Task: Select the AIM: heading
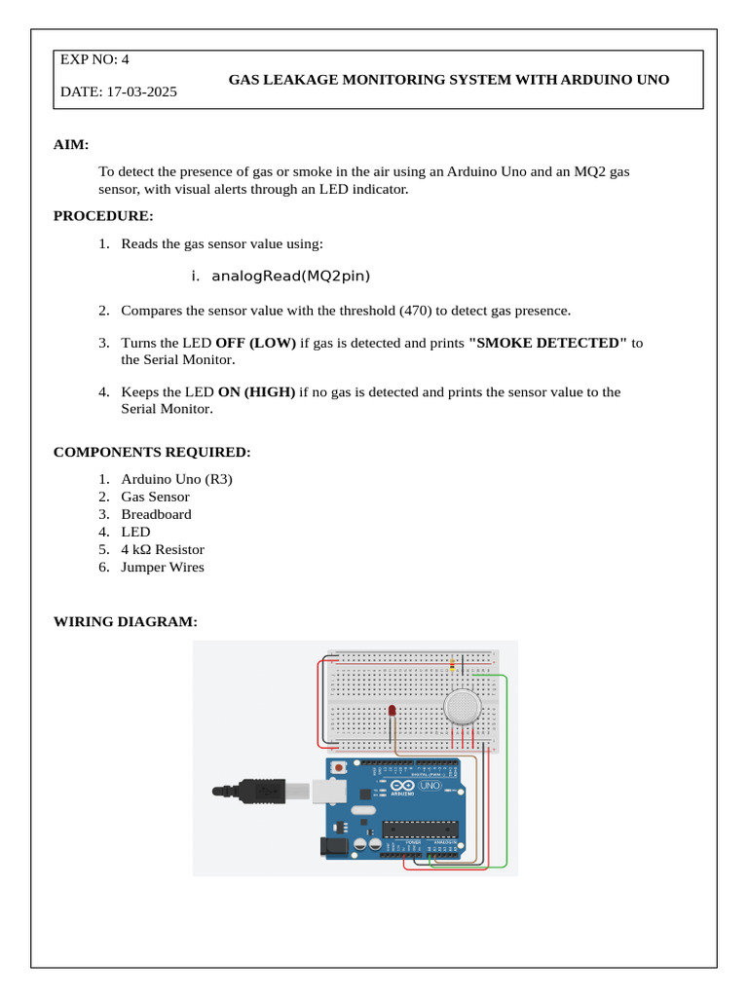click(x=71, y=145)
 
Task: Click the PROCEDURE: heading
click(x=103, y=216)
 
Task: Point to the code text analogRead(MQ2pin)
click(x=291, y=277)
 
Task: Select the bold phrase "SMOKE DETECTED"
click(x=547, y=343)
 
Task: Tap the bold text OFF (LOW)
click(x=255, y=343)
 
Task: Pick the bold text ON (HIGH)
click(x=256, y=392)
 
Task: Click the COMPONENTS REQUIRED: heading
click(x=152, y=453)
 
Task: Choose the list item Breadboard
click(x=156, y=514)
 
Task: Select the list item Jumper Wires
click(x=163, y=568)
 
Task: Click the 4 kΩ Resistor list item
click(x=163, y=550)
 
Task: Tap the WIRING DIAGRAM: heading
click(x=126, y=621)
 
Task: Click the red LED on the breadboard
click(x=392, y=712)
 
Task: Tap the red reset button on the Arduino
click(x=338, y=769)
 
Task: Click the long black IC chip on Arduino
click(x=419, y=830)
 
